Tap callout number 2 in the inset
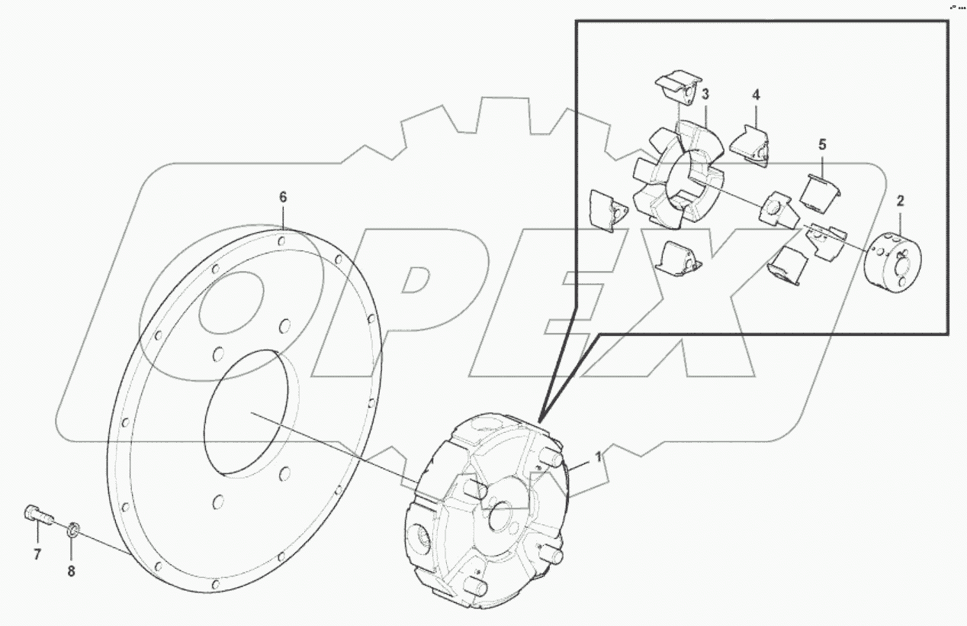tap(900, 202)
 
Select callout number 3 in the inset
tap(705, 95)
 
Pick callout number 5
tap(823, 144)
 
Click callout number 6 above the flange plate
tap(283, 197)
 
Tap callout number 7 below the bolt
tap(37, 555)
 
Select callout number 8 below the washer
tap(72, 572)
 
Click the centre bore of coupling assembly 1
tap(503, 515)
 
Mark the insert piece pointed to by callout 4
tap(750, 145)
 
